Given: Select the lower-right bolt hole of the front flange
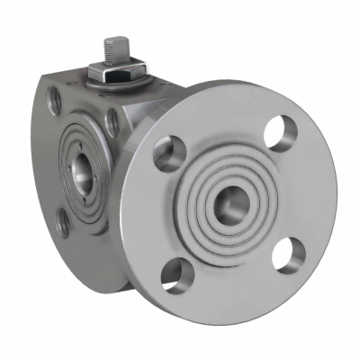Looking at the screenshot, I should [x=287, y=254].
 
